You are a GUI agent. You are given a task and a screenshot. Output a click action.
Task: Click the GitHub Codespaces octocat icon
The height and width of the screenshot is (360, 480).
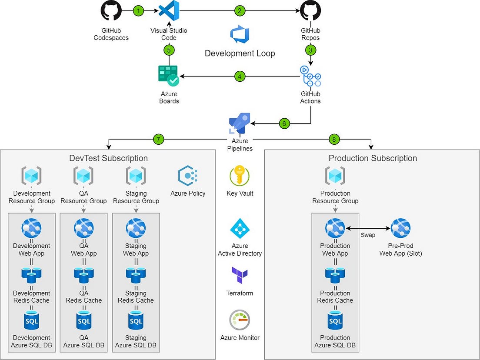coord(111,11)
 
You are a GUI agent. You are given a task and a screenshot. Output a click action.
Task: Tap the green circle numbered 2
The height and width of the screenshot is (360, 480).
coord(240,11)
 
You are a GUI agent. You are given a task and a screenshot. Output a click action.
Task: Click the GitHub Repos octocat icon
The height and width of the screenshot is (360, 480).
coord(310,11)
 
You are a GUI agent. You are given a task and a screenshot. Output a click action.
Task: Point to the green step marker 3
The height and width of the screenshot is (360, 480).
coord(310,50)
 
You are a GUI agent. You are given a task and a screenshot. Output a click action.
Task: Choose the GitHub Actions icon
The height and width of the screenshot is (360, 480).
coord(310,77)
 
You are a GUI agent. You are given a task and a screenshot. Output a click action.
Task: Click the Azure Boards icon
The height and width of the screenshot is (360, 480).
coord(169,76)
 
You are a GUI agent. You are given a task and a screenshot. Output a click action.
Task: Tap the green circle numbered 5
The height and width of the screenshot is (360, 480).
coord(169,50)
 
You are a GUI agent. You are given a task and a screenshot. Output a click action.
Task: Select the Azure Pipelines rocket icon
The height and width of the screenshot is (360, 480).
coord(240,123)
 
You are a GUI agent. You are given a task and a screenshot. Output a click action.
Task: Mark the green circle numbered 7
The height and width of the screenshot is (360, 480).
coord(159,140)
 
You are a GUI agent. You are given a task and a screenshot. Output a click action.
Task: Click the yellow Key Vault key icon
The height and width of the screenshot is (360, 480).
coord(240,176)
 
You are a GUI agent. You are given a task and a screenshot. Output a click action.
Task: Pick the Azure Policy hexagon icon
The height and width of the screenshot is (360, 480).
coord(188,176)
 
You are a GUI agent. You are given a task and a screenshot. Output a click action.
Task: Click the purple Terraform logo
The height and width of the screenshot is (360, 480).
coord(240,275)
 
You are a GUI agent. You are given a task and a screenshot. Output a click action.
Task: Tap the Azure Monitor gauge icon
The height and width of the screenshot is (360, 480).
coord(240,320)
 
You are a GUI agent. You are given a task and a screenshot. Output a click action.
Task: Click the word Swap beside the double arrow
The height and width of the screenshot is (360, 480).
coord(367,235)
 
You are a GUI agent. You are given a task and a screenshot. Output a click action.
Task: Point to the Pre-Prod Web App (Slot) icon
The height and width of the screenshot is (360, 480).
coord(400,228)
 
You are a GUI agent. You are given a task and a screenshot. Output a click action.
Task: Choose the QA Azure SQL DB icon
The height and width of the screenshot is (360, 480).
coord(83,321)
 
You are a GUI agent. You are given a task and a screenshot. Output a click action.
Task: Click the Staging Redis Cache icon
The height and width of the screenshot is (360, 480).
coord(136,274)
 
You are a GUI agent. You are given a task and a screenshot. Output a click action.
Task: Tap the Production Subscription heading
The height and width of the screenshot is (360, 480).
coord(373,158)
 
